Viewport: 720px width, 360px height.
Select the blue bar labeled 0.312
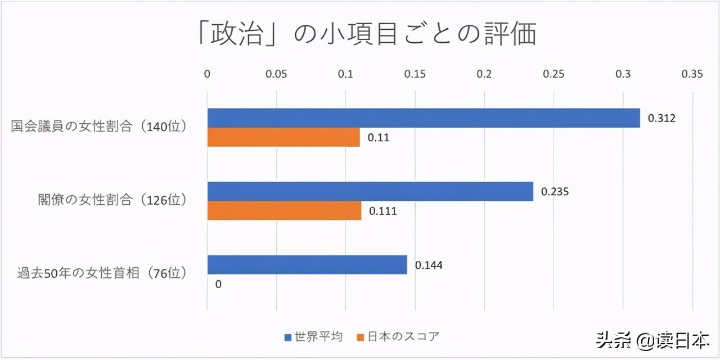423,118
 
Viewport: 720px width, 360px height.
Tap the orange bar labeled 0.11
283,137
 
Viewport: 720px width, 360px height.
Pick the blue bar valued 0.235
370,191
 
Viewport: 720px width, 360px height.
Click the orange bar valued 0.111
284,211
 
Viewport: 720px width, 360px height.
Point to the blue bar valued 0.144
307,265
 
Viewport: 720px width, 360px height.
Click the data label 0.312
661,118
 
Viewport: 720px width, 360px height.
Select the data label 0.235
555,192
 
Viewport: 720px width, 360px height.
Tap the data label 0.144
429,265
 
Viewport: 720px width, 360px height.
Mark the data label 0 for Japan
218,284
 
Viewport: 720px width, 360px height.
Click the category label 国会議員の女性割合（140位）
99,127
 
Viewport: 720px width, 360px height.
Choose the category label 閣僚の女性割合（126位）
112,200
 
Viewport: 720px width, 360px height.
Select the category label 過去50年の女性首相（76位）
101,274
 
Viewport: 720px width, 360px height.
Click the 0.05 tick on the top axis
276,74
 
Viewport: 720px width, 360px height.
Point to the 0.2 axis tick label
484,74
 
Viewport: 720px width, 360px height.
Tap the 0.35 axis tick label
692,74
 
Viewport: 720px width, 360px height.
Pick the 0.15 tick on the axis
415,74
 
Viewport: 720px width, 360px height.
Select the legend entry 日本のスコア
398,337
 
